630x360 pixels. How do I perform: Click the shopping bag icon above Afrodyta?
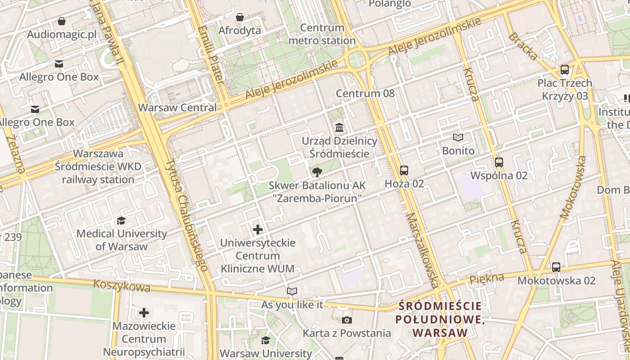click(x=240, y=17)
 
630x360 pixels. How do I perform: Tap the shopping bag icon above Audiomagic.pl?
click(x=62, y=21)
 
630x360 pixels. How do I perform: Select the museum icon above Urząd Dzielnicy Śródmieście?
click(x=339, y=127)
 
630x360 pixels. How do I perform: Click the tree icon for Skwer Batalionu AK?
click(x=317, y=171)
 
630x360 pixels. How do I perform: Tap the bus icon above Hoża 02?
click(x=404, y=170)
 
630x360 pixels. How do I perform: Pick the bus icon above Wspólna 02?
click(x=499, y=162)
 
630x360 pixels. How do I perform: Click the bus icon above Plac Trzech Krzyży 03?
click(x=565, y=70)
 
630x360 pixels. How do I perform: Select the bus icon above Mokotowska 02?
click(x=556, y=267)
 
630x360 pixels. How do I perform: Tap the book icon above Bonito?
click(x=458, y=137)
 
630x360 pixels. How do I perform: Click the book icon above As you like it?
click(x=292, y=291)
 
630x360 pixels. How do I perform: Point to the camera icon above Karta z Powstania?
click(x=346, y=320)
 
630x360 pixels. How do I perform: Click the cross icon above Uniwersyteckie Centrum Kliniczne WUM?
click(x=258, y=229)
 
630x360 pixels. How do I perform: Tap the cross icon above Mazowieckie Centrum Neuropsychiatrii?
click(x=144, y=312)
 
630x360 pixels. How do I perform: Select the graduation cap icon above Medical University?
click(x=121, y=220)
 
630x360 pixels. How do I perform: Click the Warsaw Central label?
click(x=177, y=108)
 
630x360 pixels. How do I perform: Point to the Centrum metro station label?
click(x=322, y=34)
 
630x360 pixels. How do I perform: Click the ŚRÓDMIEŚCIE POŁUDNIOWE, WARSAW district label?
click(x=440, y=319)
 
